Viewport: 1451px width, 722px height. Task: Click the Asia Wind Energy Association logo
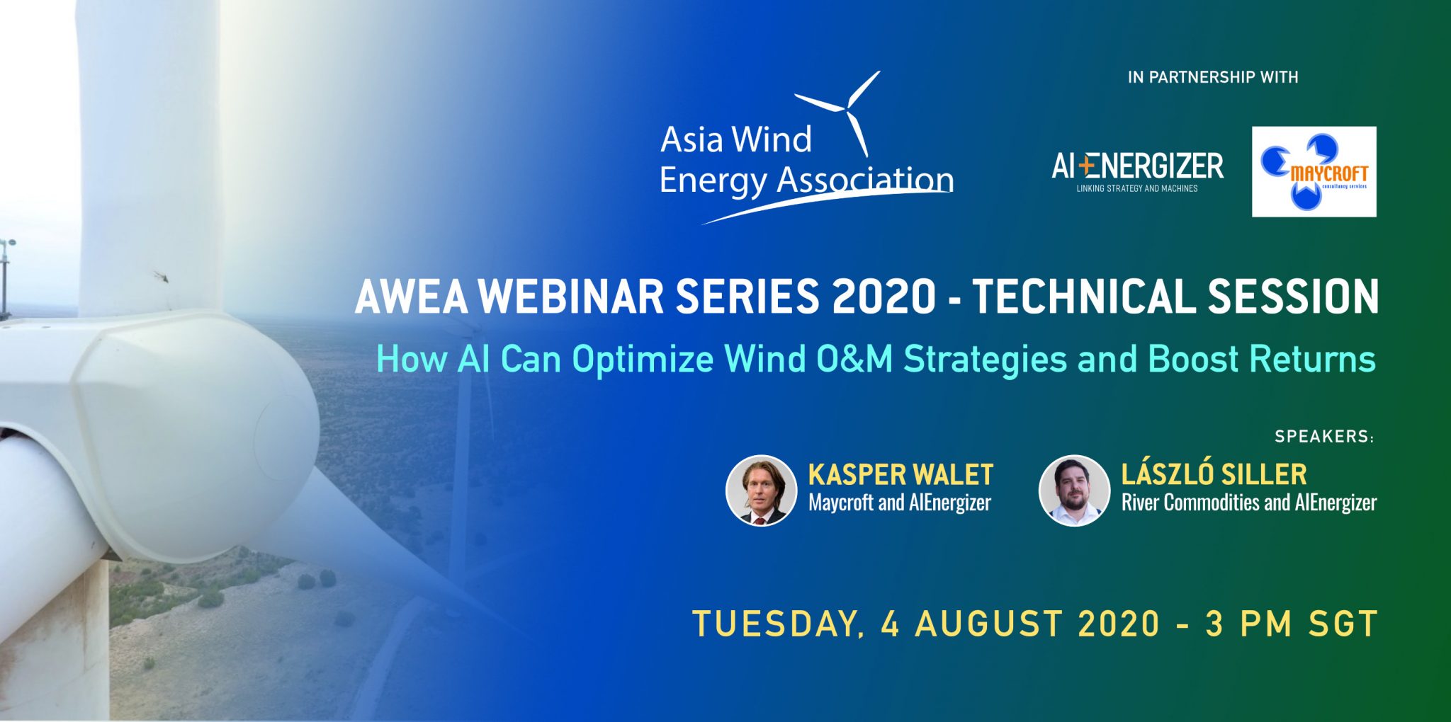pyautogui.click(x=806, y=148)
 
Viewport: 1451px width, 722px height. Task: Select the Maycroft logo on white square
pyautogui.click(x=1314, y=172)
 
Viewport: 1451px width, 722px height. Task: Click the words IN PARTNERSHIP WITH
pyautogui.click(x=1213, y=77)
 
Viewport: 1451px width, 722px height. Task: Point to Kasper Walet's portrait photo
pyautogui.click(x=762, y=491)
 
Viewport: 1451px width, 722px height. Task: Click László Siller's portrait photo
pyautogui.click(x=1074, y=491)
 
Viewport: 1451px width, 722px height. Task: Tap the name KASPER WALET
pyautogui.click(x=900, y=474)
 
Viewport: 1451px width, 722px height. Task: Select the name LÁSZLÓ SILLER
pyautogui.click(x=1214, y=474)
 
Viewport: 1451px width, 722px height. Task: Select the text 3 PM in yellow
pyautogui.click(x=1250, y=624)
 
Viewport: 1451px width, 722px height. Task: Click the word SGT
pyautogui.click(x=1343, y=624)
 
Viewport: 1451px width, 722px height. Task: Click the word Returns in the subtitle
pyautogui.click(x=1312, y=359)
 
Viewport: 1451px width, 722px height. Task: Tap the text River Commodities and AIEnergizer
pyautogui.click(x=1249, y=503)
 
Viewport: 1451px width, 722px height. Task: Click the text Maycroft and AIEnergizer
pyautogui.click(x=900, y=503)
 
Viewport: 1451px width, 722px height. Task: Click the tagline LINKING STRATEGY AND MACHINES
pyautogui.click(x=1137, y=188)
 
